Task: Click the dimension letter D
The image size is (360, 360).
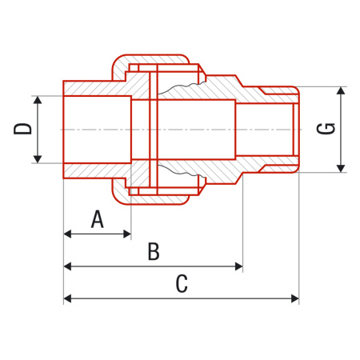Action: coord(23,130)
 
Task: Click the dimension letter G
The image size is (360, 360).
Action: coord(326,129)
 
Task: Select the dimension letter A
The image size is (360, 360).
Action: coord(97,218)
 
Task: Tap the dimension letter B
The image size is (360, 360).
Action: coord(153,252)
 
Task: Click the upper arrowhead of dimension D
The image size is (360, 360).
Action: coord(36,100)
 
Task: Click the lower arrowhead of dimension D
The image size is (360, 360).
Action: coord(36,159)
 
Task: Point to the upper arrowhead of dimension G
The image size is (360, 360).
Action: coord(342,90)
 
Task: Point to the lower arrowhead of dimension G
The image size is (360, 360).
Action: coord(342,167)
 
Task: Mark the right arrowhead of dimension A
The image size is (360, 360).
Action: coord(126,234)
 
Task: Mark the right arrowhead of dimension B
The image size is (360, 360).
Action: coord(238,266)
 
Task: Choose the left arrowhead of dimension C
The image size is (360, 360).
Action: coord(68,298)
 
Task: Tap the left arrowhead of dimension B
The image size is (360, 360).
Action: coord(68,266)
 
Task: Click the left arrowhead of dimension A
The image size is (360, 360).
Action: coord(68,234)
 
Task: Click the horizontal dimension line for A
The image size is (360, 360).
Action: coord(97,234)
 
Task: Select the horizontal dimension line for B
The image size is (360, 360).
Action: coord(153,266)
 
